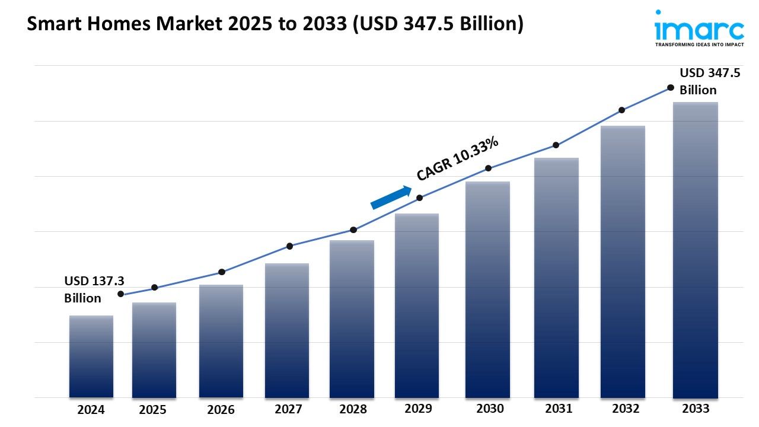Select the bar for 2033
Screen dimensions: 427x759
click(695, 250)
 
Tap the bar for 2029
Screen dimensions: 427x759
click(417, 305)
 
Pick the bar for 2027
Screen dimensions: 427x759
click(287, 330)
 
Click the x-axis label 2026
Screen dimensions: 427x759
click(221, 410)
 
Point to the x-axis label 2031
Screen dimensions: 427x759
click(559, 409)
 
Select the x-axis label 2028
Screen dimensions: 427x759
click(353, 409)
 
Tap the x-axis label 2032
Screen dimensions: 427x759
click(626, 409)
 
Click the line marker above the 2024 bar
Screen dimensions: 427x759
click(121, 294)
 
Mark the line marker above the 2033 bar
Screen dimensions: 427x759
click(671, 87)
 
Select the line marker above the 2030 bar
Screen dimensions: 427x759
click(488, 168)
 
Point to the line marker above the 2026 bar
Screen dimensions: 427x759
click(221, 272)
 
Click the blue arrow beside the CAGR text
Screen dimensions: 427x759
click(391, 197)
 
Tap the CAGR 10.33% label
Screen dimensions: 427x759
click(457, 158)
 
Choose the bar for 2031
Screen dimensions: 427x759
click(556, 278)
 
